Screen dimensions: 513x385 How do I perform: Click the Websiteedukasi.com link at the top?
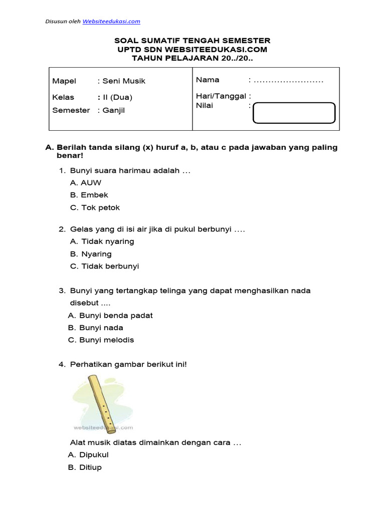point(111,21)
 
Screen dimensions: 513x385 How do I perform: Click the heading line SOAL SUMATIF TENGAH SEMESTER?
point(192,41)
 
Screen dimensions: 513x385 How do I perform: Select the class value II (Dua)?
point(117,97)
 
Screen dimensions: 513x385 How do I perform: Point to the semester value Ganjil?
point(113,110)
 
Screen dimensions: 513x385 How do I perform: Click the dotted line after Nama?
point(289,80)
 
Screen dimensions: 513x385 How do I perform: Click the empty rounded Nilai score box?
point(294,113)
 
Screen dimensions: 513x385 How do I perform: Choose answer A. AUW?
point(86,183)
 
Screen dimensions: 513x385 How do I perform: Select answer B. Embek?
point(89,195)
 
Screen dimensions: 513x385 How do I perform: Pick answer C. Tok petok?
point(95,207)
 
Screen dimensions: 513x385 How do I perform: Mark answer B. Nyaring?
point(91,254)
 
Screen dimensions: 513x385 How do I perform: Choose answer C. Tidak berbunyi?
point(104,266)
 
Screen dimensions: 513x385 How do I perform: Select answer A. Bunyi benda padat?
point(110,316)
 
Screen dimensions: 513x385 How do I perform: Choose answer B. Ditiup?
point(85,467)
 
